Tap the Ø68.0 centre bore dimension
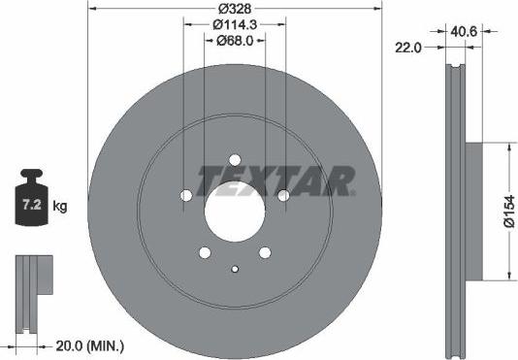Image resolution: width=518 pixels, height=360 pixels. (235, 41)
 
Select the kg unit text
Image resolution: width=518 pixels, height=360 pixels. (60, 207)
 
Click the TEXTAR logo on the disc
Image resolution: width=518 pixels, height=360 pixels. (276, 180)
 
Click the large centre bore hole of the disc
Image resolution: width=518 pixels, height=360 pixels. (235, 208)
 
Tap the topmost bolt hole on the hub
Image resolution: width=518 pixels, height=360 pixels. (235, 161)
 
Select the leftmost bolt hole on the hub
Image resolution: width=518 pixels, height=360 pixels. (186, 195)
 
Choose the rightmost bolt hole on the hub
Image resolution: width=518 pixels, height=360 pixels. (283, 195)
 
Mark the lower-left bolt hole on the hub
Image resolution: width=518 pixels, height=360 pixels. (205, 252)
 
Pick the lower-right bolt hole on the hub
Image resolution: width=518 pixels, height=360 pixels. (265, 252)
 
